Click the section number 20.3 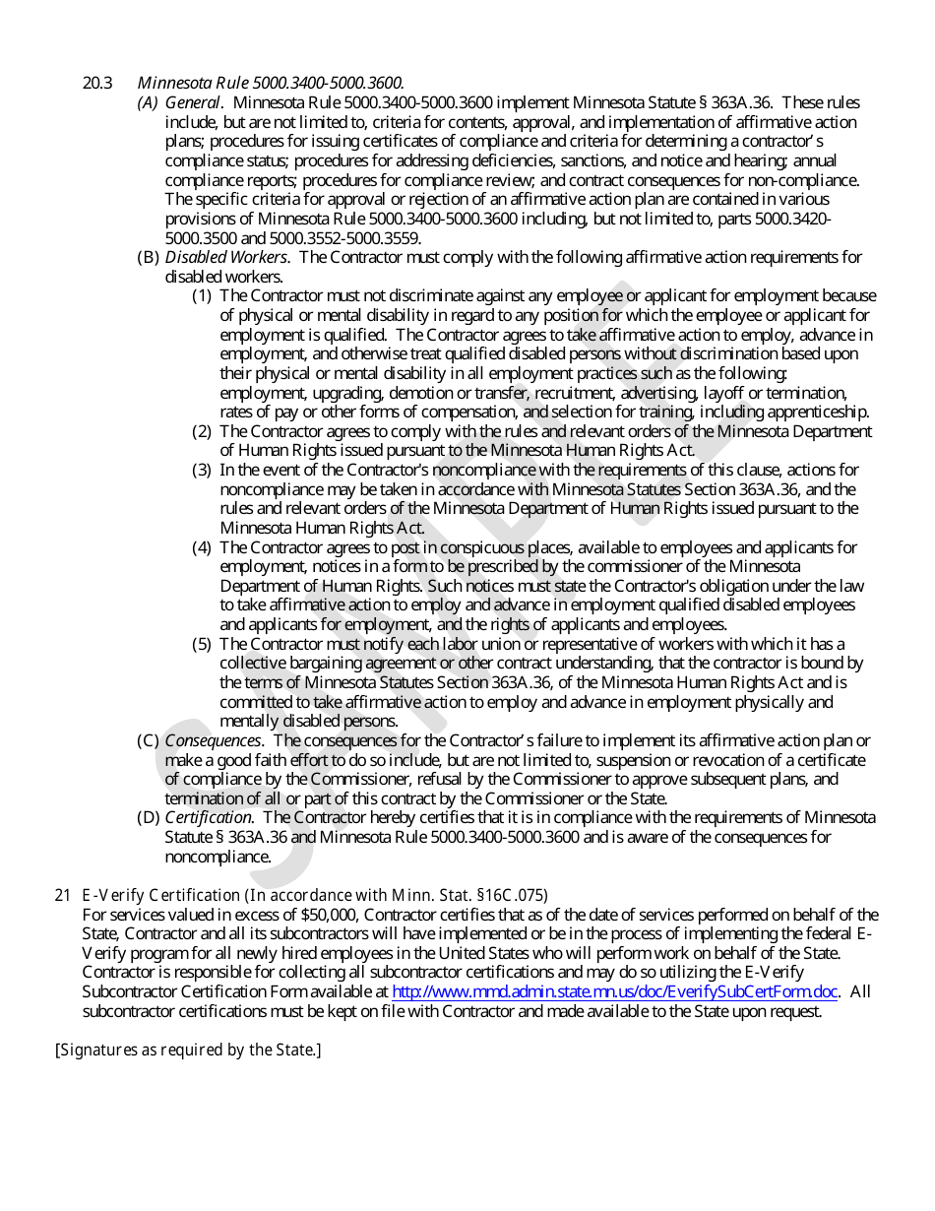97,84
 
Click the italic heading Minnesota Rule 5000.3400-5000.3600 271,84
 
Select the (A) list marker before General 148,103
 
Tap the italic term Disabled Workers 226,258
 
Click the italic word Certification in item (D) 209,817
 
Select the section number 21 63,895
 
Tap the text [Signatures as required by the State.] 188,1050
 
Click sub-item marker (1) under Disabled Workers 202,296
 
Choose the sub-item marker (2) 202,431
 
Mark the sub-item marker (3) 202,470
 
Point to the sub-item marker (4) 202,547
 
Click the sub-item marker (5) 202,644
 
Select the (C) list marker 148,740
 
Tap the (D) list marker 148,817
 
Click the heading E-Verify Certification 161,895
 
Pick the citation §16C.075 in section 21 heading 511,895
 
